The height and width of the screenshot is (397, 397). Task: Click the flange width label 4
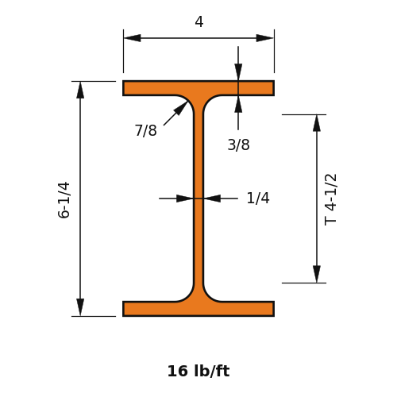click(x=199, y=21)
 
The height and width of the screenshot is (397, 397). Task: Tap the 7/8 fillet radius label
click(x=146, y=130)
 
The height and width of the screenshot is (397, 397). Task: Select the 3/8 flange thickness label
click(x=238, y=145)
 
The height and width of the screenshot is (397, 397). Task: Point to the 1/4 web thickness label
click(x=258, y=198)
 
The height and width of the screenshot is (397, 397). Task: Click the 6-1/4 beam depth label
click(x=64, y=200)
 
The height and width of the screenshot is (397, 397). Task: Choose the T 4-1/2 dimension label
click(x=330, y=199)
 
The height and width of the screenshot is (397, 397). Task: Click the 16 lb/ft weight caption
click(x=198, y=371)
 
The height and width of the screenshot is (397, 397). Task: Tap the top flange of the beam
click(x=198, y=88)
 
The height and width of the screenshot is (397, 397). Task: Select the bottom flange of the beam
click(x=198, y=309)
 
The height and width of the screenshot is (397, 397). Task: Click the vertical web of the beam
click(x=198, y=198)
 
